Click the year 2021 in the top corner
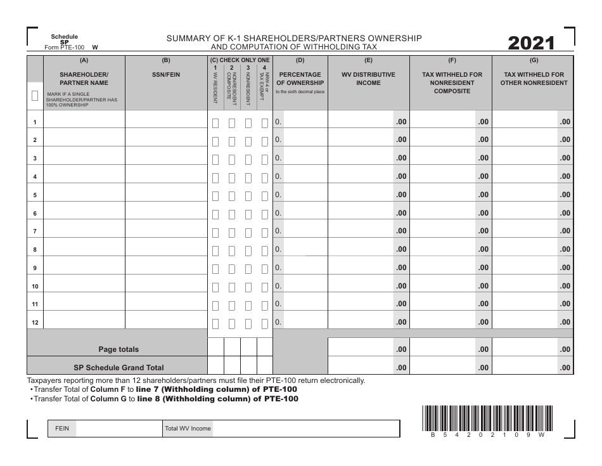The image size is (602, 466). point(531,43)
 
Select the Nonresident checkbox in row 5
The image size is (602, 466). point(248,196)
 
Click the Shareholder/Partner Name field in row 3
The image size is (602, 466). point(84,158)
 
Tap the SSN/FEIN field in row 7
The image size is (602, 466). point(166,231)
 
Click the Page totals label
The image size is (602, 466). point(118,349)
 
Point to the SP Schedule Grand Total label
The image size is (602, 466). point(118,367)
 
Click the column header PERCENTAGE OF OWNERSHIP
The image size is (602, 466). point(300,79)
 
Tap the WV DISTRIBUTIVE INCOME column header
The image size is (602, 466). point(368,79)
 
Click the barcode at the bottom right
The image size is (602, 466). point(485,418)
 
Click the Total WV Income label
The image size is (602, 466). point(188,429)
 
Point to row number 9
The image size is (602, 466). point(35,268)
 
